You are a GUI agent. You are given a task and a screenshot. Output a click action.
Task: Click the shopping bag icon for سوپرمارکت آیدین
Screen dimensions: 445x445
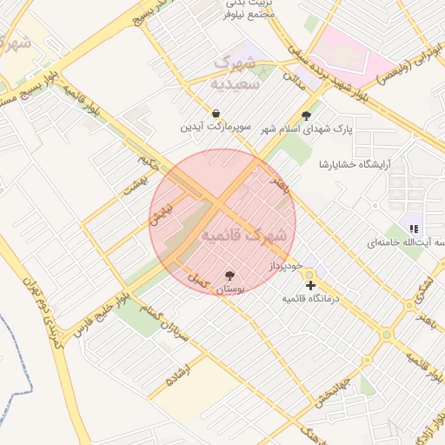tap(216, 114)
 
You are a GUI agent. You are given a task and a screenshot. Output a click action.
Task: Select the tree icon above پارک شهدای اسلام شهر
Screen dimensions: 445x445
tap(305, 115)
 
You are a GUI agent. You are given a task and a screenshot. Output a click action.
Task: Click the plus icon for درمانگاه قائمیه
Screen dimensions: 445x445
tap(310, 284)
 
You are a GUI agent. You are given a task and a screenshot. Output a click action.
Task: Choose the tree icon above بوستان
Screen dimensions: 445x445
tap(229, 275)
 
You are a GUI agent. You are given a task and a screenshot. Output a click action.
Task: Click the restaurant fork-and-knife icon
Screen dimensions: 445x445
tap(414, 228)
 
